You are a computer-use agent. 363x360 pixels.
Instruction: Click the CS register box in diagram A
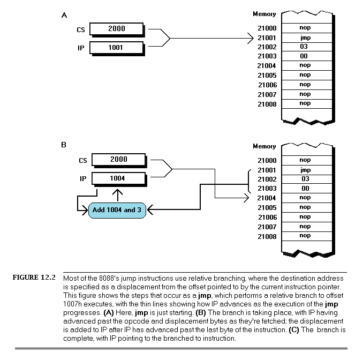tap(116, 29)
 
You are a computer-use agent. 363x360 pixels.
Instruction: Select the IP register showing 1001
tap(116, 48)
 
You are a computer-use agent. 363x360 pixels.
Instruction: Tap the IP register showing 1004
tap(118, 178)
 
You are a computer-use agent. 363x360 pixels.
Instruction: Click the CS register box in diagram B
tap(118, 160)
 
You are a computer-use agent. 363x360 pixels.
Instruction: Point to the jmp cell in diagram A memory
tap(305, 37)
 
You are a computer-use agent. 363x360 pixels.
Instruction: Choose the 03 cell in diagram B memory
tap(305, 178)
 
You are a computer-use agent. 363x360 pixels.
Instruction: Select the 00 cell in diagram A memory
tap(305, 56)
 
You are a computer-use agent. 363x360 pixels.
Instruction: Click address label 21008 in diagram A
tap(267, 104)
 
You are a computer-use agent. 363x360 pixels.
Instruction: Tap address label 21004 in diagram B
tap(267, 198)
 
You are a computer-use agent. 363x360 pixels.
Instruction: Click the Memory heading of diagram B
tap(264, 146)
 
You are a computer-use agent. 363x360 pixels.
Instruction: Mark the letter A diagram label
tap(64, 15)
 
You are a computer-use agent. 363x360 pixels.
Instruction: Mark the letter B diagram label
tap(64, 145)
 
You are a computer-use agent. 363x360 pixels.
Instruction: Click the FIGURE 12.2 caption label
tap(35, 278)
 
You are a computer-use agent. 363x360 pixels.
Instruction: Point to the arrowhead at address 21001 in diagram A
tap(251, 38)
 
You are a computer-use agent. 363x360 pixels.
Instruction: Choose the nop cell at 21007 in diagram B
tap(305, 226)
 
